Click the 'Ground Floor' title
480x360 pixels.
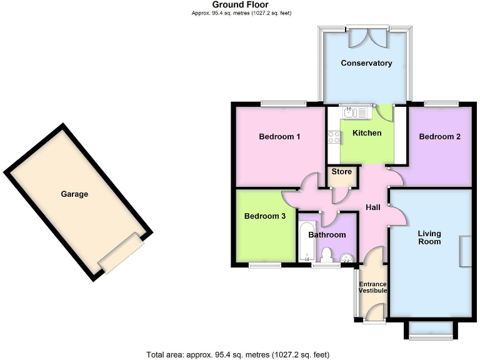[241, 5]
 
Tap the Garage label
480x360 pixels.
[74, 194]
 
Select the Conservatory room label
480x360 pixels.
[366, 63]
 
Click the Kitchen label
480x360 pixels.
[367, 133]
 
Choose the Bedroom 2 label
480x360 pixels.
[440, 136]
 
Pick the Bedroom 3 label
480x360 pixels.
[265, 216]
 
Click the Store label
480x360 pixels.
[342, 172]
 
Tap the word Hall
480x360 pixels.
[372, 208]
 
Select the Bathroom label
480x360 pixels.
[327, 235]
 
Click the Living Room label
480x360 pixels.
[429, 237]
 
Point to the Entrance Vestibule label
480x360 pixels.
[372, 287]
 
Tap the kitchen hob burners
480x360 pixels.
[334, 138]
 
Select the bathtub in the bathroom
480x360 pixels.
[306, 241]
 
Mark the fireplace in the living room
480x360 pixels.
[466, 252]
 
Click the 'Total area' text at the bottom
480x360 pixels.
[237, 355]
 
